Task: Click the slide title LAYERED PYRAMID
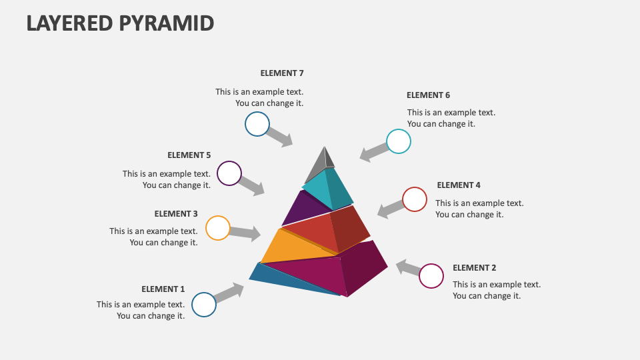[x=121, y=23]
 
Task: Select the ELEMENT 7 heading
[x=282, y=73]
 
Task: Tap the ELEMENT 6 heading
[x=428, y=95]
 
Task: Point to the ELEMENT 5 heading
[x=189, y=155]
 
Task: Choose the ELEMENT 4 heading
[x=459, y=185]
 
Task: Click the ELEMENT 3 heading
[x=176, y=214]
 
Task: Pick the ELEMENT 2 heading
[x=475, y=268]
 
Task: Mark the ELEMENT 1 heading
[x=163, y=289]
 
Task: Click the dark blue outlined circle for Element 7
[x=257, y=124]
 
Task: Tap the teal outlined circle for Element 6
[x=399, y=141]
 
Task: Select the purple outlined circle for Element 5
[x=229, y=173]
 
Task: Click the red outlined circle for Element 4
[x=415, y=199]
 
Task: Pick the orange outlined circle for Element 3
[x=218, y=228]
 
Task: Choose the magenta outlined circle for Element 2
[x=431, y=276]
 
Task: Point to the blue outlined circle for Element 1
[x=204, y=305]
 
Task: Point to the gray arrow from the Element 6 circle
[x=373, y=152]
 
